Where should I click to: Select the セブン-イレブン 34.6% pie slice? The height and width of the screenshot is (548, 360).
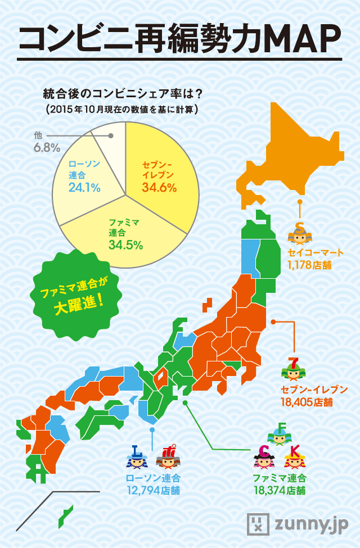(x=160, y=169)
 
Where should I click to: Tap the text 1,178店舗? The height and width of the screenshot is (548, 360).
(x=309, y=265)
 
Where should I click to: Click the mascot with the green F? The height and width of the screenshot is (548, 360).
(x=281, y=433)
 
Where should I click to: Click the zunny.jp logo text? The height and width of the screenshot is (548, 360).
(x=311, y=524)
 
